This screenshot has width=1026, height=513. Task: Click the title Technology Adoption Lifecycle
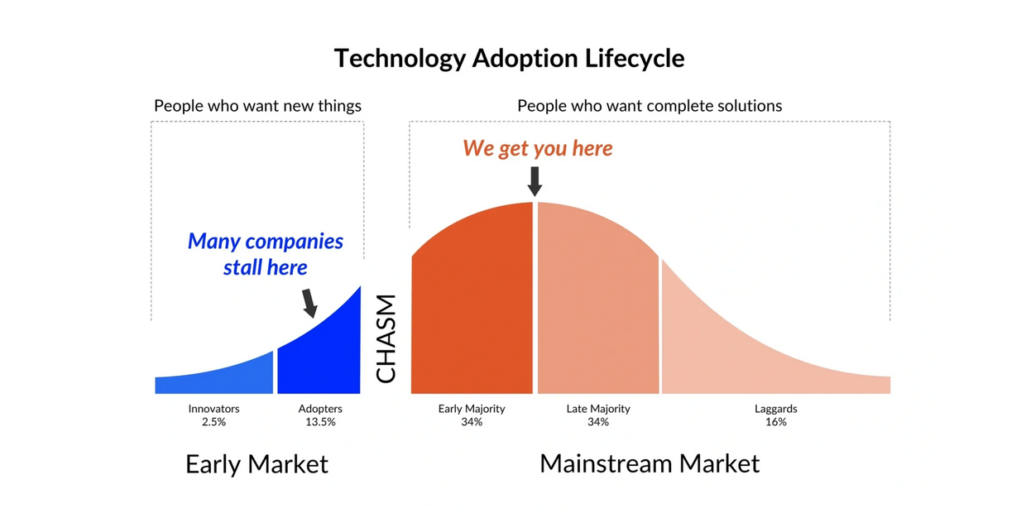(x=510, y=59)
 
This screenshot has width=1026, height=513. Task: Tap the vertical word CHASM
(x=386, y=338)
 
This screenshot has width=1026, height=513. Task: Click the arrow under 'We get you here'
(x=535, y=181)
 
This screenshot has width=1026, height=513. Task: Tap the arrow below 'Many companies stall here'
(x=309, y=303)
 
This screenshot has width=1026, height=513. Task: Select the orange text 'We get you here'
(x=537, y=148)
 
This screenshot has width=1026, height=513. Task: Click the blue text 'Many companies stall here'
(x=266, y=254)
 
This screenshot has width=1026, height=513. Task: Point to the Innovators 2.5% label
(x=214, y=415)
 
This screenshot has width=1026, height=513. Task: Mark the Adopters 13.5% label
(x=320, y=415)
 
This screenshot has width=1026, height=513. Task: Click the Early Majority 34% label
(x=472, y=415)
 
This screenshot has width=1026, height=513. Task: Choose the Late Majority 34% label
(x=598, y=415)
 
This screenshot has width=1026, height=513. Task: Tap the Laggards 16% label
(x=776, y=415)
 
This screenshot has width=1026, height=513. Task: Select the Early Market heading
(x=257, y=464)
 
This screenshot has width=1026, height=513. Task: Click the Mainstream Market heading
(x=650, y=463)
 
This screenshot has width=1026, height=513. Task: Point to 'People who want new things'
(x=257, y=106)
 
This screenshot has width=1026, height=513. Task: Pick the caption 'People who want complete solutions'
(x=650, y=106)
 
